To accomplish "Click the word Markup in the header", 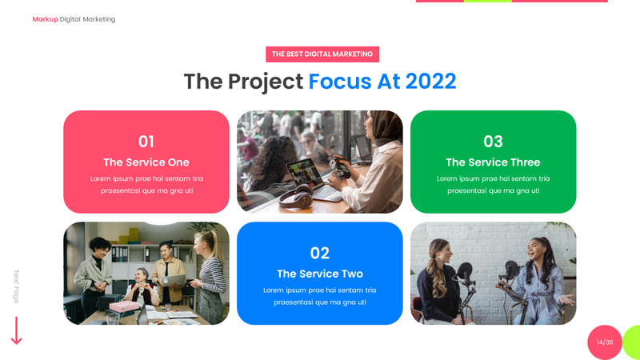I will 45,19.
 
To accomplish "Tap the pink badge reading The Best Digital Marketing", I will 322,54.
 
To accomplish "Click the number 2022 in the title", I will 430,82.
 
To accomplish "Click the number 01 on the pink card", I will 146,142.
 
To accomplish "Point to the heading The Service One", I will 146,162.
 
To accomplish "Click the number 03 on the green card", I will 493,142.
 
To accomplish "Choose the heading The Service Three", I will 493,162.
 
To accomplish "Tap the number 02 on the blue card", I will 320,254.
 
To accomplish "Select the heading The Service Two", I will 320,274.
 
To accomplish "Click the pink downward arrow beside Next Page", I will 16,330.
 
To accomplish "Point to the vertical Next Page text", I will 16,286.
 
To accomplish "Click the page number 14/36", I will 605,342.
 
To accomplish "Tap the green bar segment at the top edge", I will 487,2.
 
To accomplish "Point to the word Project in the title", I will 264,82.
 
